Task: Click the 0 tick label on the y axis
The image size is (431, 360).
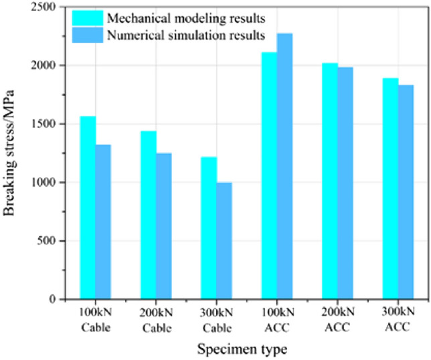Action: [x=54, y=299]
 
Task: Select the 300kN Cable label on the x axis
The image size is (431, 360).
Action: [x=216, y=321]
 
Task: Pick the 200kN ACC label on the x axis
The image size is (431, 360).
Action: [x=337, y=321]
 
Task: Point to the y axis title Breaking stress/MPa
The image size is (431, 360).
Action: [x=12, y=154]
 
